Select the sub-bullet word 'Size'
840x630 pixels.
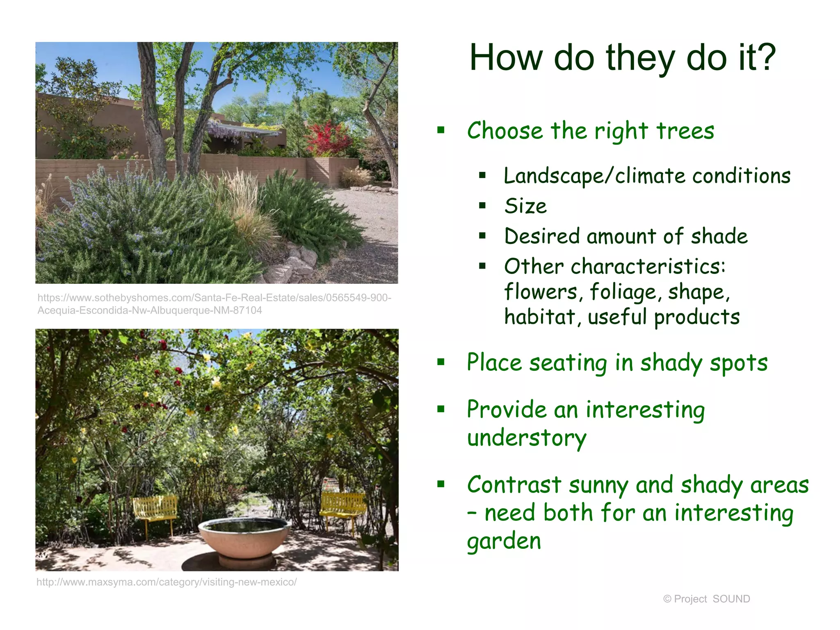[525, 206]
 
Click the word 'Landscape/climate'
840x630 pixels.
[595, 176]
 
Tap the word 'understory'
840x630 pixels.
[527, 438]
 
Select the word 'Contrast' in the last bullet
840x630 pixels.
[514, 485]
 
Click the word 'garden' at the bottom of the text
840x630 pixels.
[504, 541]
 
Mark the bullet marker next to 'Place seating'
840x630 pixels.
[441, 362]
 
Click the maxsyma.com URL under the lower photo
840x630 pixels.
[166, 582]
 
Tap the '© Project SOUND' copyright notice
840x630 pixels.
[706, 599]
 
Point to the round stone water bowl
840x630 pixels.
[245, 537]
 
